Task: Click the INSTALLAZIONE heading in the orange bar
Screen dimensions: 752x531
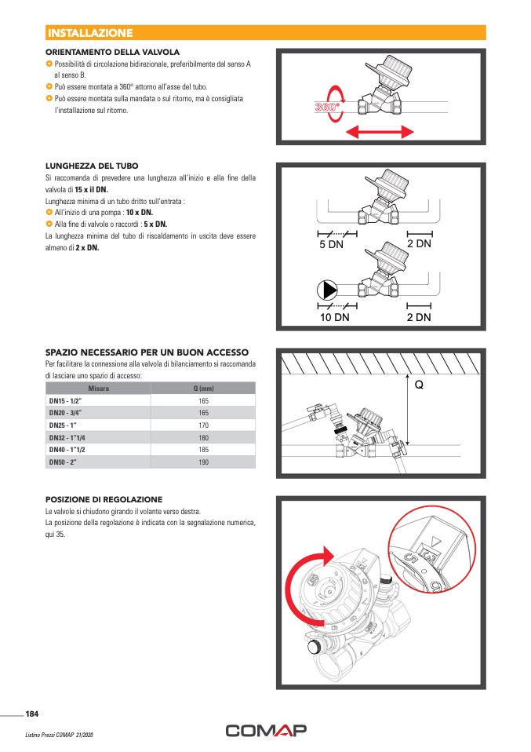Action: [x=90, y=33]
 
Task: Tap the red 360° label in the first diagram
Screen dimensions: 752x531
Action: [x=327, y=108]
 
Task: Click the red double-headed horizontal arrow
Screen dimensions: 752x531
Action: [x=380, y=131]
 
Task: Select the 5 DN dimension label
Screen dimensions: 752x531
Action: [x=331, y=245]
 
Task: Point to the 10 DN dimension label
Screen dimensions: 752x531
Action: [x=334, y=317]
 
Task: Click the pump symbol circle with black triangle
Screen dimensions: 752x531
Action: [x=326, y=290]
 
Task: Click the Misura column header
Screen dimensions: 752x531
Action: [x=98, y=389]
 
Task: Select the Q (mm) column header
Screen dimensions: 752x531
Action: [x=203, y=389]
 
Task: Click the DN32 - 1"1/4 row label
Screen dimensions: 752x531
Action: [x=70, y=437]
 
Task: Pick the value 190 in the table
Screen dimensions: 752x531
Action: [x=203, y=462]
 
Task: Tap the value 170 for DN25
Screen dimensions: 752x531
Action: [x=203, y=425]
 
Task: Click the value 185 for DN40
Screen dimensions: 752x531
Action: [x=203, y=450]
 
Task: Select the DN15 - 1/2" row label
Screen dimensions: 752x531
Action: [x=66, y=400]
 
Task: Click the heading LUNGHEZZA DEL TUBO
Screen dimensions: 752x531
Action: [x=92, y=166]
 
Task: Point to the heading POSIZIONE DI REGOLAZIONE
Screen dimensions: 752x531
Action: [x=104, y=499]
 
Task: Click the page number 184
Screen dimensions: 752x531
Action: [x=32, y=714]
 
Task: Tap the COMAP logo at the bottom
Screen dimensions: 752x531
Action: [x=266, y=731]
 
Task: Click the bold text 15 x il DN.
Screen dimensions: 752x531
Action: [x=91, y=190]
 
